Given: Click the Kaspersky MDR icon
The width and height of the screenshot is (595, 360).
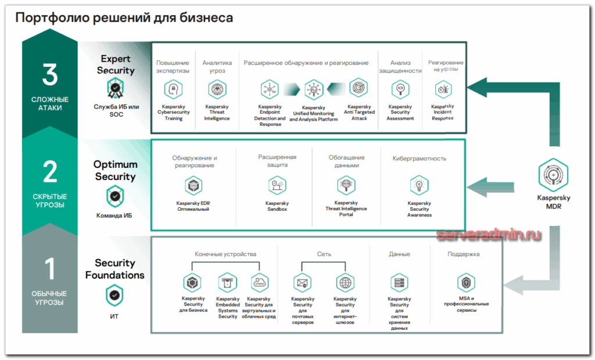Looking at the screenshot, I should [x=553, y=174].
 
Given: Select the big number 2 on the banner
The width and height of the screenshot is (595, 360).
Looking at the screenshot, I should [x=50, y=172].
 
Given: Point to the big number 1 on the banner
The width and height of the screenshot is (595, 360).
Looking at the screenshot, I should [x=50, y=269].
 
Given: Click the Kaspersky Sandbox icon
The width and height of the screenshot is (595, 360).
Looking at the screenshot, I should [x=277, y=186].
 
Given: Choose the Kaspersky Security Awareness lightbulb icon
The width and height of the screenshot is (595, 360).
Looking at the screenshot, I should [x=419, y=186].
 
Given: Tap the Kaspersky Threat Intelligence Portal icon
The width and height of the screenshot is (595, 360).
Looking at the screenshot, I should [x=346, y=186].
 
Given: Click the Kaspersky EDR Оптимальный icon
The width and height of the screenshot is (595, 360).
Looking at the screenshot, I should [x=193, y=186].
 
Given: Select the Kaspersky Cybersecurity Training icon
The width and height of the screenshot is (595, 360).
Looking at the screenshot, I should [x=173, y=89].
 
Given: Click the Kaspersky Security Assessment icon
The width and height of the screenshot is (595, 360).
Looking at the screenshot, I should [x=400, y=89].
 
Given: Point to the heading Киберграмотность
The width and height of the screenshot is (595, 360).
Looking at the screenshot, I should [x=419, y=158].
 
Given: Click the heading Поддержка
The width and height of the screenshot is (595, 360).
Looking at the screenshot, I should [x=464, y=254].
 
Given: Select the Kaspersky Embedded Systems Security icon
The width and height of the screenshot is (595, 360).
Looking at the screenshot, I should [x=227, y=283].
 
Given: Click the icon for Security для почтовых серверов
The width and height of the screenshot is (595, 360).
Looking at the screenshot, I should [x=302, y=283].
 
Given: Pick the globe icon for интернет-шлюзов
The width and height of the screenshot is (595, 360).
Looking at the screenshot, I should [x=345, y=283].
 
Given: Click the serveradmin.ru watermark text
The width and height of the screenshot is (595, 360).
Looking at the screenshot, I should [x=488, y=235].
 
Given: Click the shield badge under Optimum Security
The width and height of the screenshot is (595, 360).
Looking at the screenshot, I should [x=115, y=197].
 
